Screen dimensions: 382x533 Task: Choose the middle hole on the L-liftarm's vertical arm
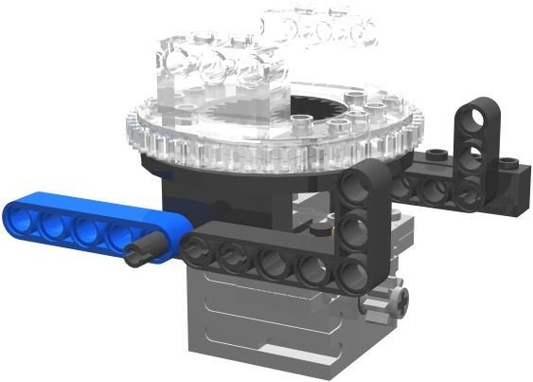(x=357, y=229)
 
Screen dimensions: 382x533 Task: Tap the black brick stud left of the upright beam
(x=436, y=153)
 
